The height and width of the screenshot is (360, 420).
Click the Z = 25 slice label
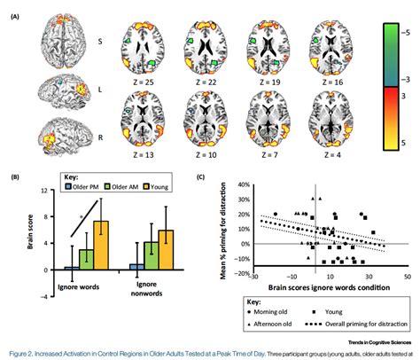[142, 82]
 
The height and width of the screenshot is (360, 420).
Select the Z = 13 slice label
[142, 155]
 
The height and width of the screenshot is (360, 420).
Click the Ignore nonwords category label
[149, 287]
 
